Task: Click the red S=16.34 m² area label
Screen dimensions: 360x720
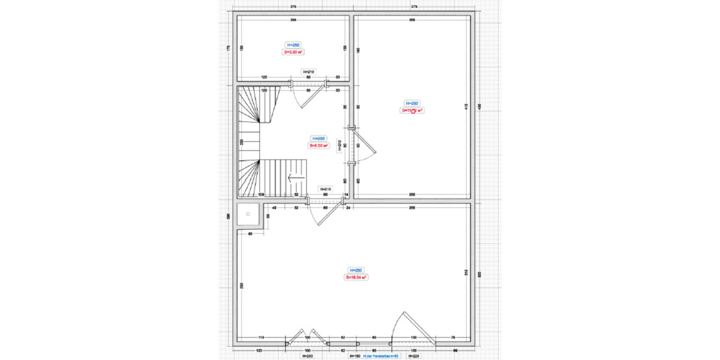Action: point(356,277)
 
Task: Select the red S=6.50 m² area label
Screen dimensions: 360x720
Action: point(318,145)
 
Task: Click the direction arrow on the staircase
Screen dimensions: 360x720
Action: point(292,178)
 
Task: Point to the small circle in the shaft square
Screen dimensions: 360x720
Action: point(247,215)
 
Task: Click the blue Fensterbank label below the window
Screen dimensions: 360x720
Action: point(382,356)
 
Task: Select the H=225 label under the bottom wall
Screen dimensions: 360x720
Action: point(413,356)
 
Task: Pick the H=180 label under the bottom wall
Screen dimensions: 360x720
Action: point(355,356)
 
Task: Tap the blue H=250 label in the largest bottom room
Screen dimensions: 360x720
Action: point(356,270)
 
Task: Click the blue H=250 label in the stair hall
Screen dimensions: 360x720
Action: point(318,138)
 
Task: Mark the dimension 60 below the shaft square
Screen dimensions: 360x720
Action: point(250,233)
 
